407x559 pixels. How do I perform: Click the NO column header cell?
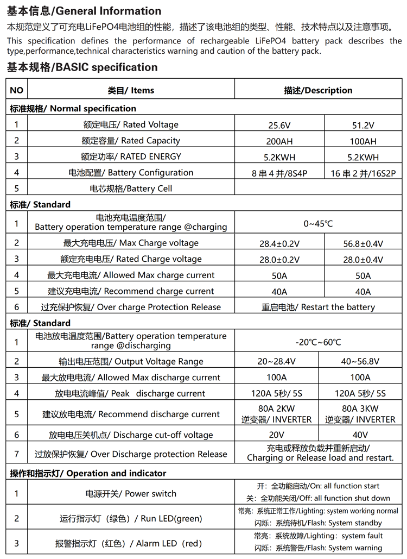click(17, 90)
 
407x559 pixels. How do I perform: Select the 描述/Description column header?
click(318, 90)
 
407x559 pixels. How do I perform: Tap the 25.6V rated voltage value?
click(279, 125)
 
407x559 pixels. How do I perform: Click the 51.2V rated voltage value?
click(363, 125)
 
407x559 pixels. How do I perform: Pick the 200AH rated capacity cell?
click(279, 141)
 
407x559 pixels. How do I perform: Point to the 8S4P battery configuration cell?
click(279, 173)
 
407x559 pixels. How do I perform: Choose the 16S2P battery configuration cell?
click(363, 173)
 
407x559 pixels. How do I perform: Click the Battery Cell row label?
click(131, 189)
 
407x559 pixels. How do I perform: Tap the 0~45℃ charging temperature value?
click(318, 223)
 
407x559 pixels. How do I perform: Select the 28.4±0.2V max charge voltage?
click(279, 244)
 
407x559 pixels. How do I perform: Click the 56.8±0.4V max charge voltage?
click(363, 244)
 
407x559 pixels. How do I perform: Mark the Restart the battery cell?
click(318, 307)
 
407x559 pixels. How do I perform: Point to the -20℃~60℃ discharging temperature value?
click(318, 342)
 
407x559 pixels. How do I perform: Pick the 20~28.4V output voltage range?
click(277, 362)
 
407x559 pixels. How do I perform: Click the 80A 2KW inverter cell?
click(277, 414)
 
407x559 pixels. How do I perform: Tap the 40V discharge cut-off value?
click(360, 435)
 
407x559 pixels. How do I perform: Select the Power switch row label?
click(131, 494)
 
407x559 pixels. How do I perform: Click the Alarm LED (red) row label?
click(131, 543)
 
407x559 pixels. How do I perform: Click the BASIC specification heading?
click(82, 67)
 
